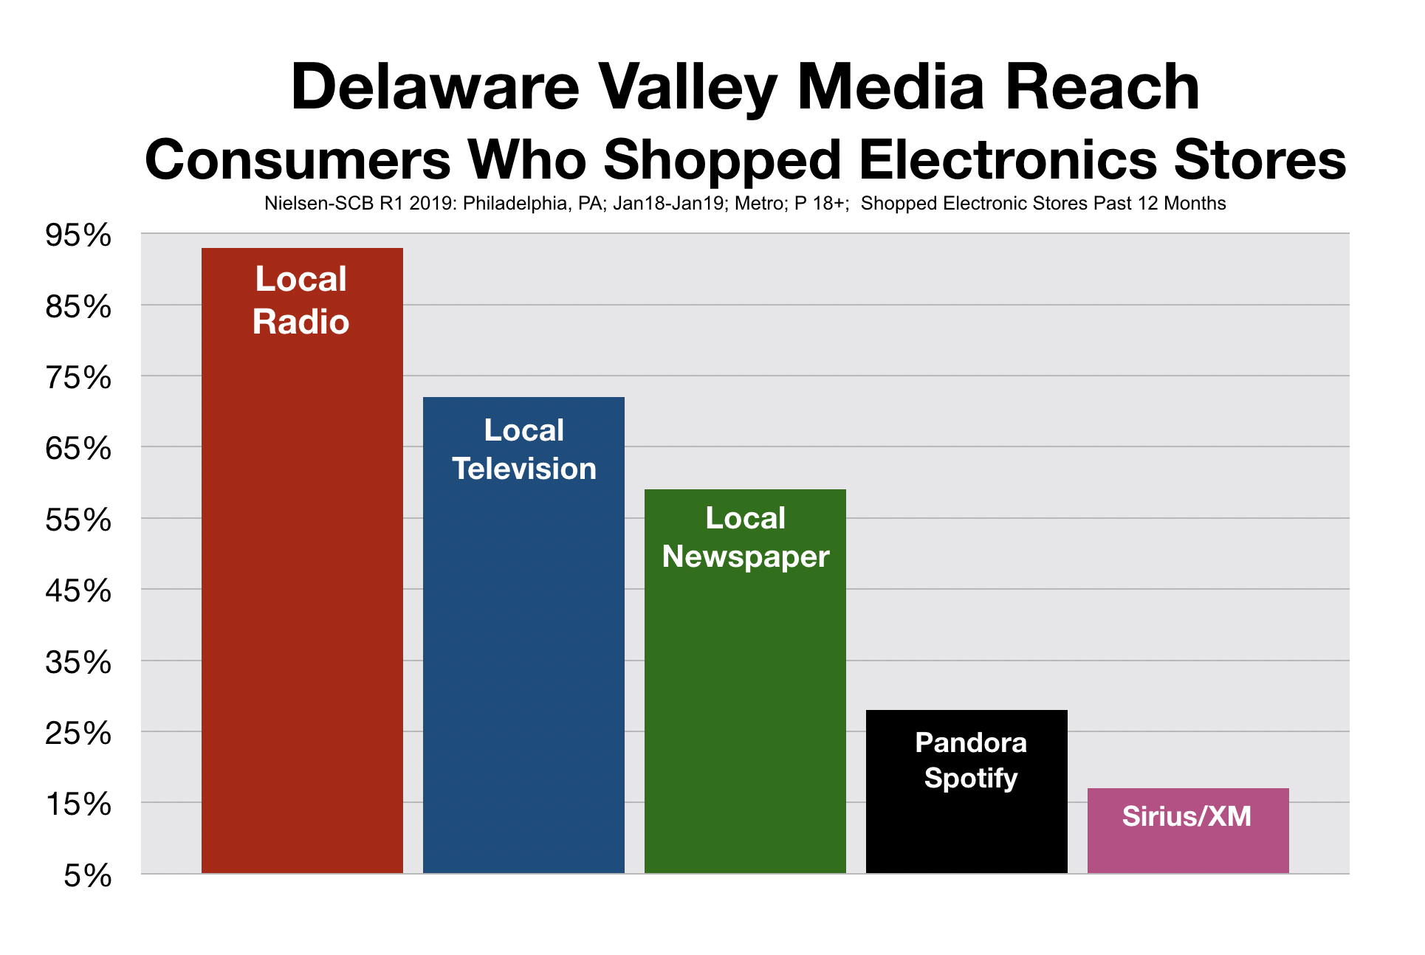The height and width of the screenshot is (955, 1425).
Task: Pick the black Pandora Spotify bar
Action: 966,827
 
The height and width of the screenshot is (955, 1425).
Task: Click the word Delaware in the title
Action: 435,87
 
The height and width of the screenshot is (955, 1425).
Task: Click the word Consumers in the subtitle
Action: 298,160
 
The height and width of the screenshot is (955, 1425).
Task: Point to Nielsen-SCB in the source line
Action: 319,204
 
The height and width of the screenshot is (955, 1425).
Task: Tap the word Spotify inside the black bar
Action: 970,778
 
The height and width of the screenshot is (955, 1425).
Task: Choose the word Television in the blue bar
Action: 523,469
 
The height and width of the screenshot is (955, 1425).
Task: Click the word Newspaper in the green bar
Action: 745,557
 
